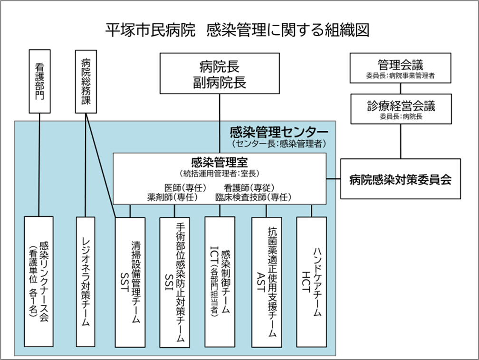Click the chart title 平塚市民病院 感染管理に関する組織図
[x=238, y=30]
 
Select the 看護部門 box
[x=40, y=81]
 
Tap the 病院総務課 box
[x=86, y=82]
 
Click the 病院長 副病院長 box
[x=220, y=73]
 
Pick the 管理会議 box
[x=401, y=68]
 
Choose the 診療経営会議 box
[x=401, y=109]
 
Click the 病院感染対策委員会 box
[x=401, y=179]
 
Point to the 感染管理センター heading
[x=279, y=132]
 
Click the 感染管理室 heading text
[x=220, y=162]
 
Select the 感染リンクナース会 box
[x=39, y=282]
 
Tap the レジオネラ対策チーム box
[x=86, y=282]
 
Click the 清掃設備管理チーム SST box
[x=130, y=282]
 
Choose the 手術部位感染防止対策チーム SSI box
[x=175, y=282]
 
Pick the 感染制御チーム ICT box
[x=220, y=282]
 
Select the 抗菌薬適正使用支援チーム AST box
[x=267, y=282]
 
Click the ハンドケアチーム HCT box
[x=312, y=282]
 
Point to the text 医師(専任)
[x=185, y=188]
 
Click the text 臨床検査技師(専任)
[x=253, y=197]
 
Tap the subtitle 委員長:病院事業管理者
[x=401, y=76]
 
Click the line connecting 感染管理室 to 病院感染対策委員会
[x=334, y=179]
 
